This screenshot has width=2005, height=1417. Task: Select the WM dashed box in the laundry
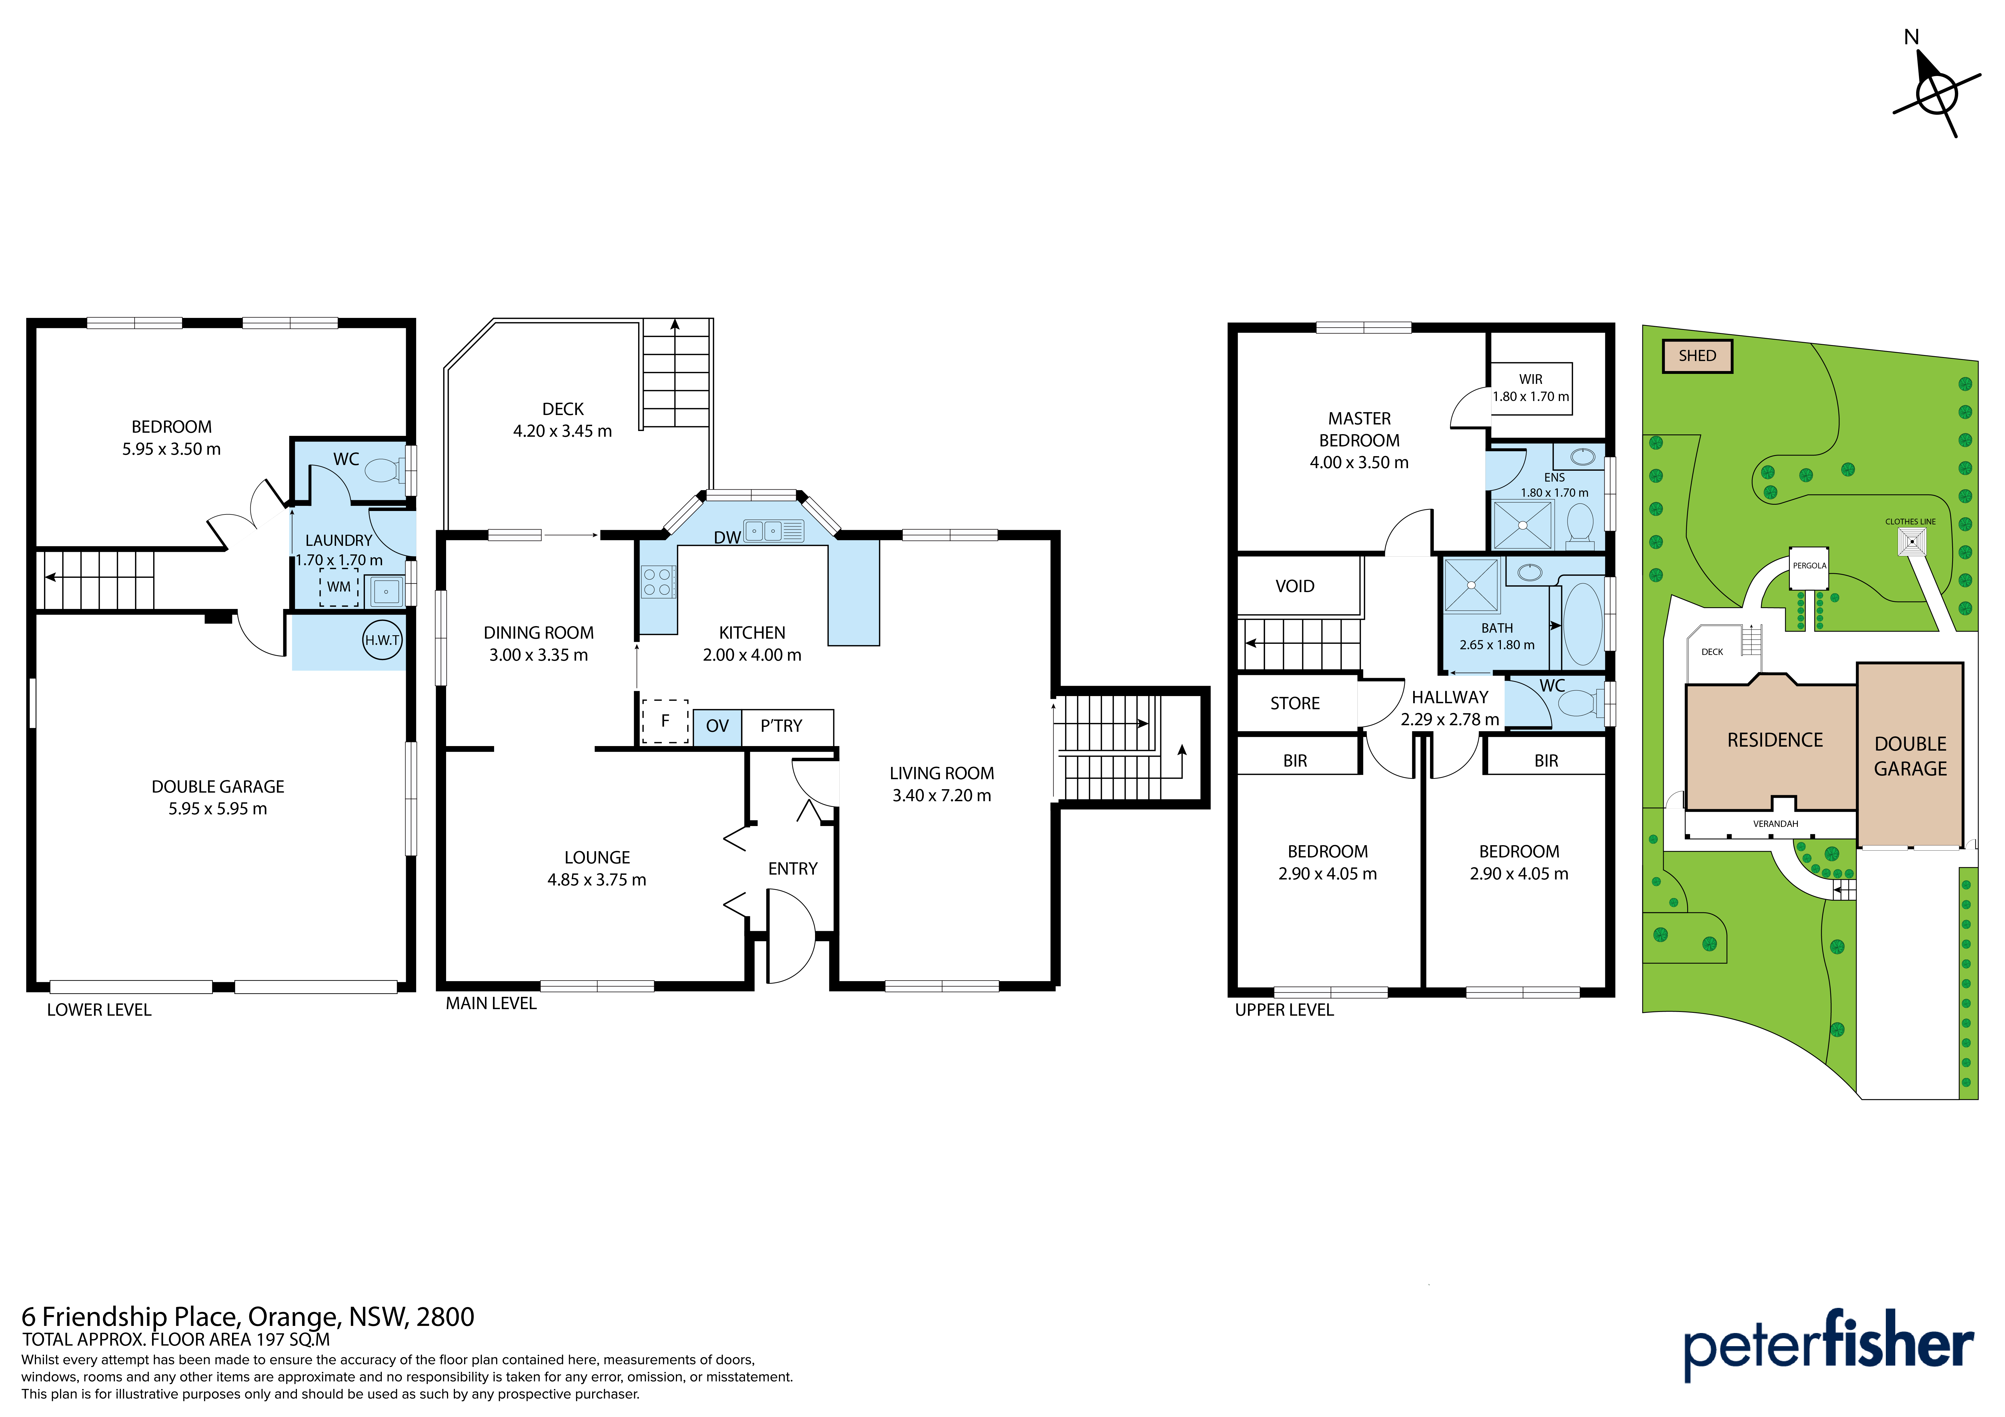pos(339,587)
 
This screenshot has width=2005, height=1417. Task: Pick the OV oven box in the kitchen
pos(717,726)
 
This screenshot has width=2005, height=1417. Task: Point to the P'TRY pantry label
pos(781,726)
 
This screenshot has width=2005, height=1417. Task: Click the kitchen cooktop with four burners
pos(658,582)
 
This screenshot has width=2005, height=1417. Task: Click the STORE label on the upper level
pos(1295,704)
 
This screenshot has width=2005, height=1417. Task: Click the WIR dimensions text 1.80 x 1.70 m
pos(1531,396)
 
